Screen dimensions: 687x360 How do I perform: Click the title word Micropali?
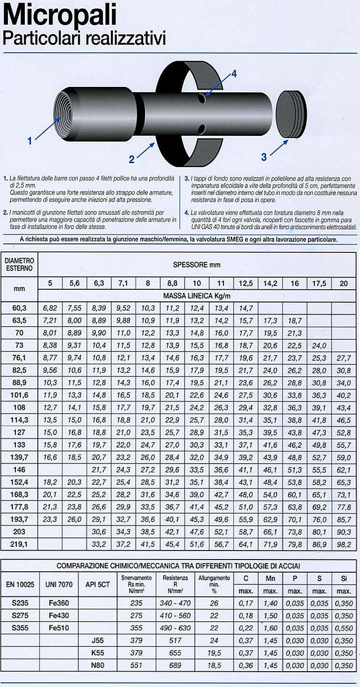click(60, 16)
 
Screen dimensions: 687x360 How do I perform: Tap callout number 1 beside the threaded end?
click(31, 140)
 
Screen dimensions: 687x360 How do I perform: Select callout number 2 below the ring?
click(132, 157)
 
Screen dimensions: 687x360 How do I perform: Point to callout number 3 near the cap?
click(264, 156)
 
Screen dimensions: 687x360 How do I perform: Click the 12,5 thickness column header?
click(246, 283)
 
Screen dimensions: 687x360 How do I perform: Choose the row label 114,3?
click(20, 419)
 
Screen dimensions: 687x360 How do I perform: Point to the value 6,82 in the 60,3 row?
click(50, 308)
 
